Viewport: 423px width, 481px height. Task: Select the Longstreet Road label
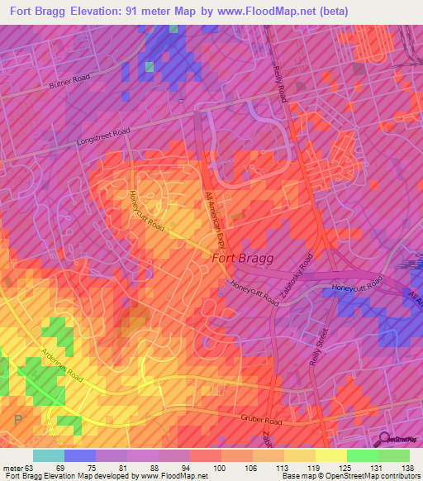point(102,131)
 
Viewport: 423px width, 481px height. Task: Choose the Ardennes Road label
point(62,369)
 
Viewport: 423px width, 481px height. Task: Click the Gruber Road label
point(262,421)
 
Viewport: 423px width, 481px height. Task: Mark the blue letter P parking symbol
point(18,421)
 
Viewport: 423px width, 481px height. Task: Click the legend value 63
point(33,468)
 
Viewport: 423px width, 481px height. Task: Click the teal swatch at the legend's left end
point(49,455)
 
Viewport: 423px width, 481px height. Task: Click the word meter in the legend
point(13,468)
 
